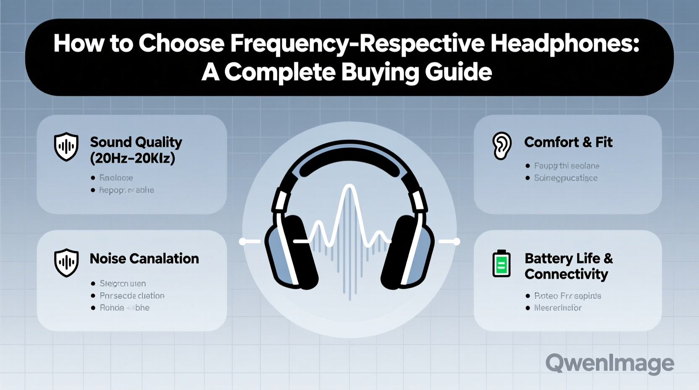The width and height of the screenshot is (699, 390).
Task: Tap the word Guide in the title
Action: [458, 72]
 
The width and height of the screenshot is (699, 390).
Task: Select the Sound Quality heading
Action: [136, 142]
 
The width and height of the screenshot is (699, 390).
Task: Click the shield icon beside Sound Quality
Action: [66, 147]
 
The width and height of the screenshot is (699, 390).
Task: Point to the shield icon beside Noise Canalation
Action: [66, 263]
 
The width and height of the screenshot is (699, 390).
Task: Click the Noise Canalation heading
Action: [144, 258]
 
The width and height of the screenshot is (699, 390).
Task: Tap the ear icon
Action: [502, 146]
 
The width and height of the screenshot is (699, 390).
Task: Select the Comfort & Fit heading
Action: [568, 142]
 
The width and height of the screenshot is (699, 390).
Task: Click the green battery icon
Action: [501, 264]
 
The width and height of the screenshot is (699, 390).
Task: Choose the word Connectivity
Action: [566, 274]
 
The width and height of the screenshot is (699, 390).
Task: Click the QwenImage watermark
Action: [610, 363]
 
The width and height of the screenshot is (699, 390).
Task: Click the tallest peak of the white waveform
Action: [349, 187]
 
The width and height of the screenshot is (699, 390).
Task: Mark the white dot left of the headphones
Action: [242, 241]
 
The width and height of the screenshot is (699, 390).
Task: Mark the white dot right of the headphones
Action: [457, 241]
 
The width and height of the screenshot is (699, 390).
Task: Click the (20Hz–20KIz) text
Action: [132, 158]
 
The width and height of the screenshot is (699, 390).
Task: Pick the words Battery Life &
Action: [568, 258]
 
